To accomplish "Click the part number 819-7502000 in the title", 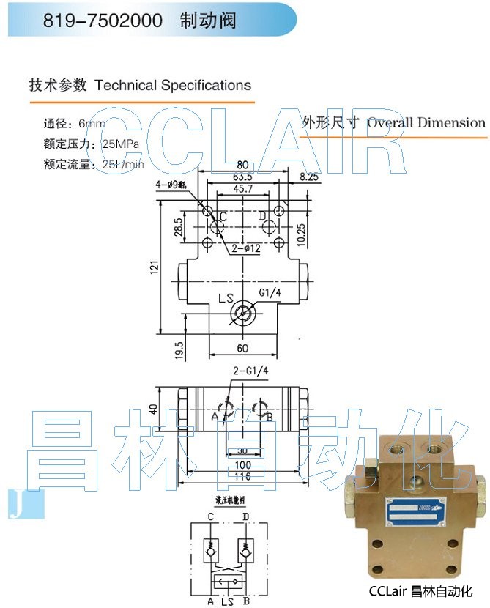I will pos(103,20).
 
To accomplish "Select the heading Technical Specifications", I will pos(173,85).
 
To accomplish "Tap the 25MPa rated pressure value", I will pos(121,144).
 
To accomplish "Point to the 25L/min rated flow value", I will pos(124,164).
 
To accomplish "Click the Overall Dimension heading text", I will pos(426,122).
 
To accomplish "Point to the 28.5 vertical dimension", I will pos(177,227).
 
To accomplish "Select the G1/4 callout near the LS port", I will pos(268,294).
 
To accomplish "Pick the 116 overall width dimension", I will pos(242,477).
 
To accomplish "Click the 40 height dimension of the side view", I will pos(153,408).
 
